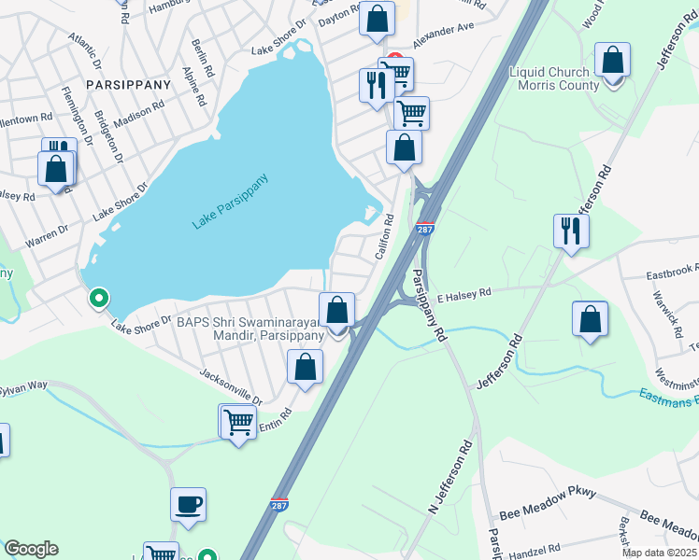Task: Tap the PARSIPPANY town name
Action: pos(128,85)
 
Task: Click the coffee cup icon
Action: pos(188,504)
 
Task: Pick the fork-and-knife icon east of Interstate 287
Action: pos(570,231)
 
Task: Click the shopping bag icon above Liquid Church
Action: pos(613,62)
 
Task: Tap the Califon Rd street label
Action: pos(385,241)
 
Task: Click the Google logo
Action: pos(31,549)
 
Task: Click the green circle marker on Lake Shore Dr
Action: pos(98,299)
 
